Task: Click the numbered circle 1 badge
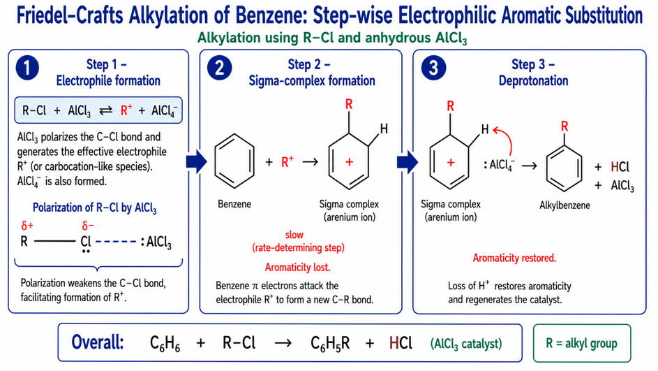pos(27,68)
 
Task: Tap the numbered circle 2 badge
pos(219,68)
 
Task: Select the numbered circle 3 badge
pos(433,68)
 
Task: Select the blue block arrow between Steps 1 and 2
pos(196,162)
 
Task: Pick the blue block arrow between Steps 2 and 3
pos(407,162)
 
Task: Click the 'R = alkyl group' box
pos(582,343)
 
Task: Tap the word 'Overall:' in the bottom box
pos(98,342)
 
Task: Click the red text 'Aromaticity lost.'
pos(297,267)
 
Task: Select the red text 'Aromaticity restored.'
pos(514,258)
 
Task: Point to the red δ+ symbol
pos(27,226)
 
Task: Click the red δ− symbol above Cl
pos(88,226)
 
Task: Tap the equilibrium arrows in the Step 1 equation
pos(106,111)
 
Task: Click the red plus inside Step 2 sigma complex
pos(349,162)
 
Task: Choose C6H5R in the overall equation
pos(330,343)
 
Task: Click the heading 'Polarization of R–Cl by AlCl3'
pos(94,208)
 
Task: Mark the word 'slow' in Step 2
pos(294,235)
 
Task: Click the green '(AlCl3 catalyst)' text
pos(466,344)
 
